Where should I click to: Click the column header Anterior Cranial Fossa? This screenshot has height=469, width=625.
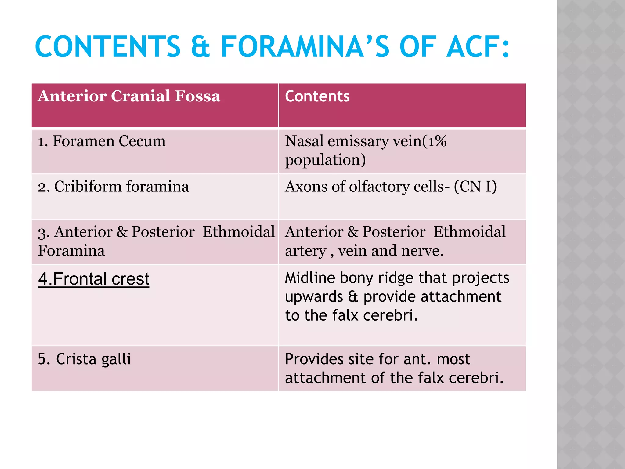pyautogui.click(x=129, y=96)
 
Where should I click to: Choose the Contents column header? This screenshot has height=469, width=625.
pyautogui.click(x=317, y=96)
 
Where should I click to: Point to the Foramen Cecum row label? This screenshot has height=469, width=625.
pyautogui.click(x=102, y=141)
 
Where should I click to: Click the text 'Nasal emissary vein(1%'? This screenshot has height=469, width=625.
pyautogui.click(x=366, y=141)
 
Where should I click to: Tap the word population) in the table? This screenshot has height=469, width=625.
pyautogui.click(x=325, y=160)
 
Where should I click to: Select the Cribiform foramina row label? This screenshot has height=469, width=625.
pyautogui.click(x=113, y=186)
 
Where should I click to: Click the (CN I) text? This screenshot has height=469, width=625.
pyautogui.click(x=475, y=186)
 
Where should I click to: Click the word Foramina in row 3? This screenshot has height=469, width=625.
pyautogui.click(x=71, y=251)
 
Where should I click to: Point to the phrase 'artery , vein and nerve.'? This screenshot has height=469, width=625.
pyautogui.click(x=364, y=251)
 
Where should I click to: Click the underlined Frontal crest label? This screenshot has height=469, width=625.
pyautogui.click(x=94, y=279)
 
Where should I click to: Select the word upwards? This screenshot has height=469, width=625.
pyautogui.click(x=314, y=297)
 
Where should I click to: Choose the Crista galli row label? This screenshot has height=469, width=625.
pyautogui.click(x=84, y=359)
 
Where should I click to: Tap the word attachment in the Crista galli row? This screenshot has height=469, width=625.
pyautogui.click(x=325, y=378)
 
